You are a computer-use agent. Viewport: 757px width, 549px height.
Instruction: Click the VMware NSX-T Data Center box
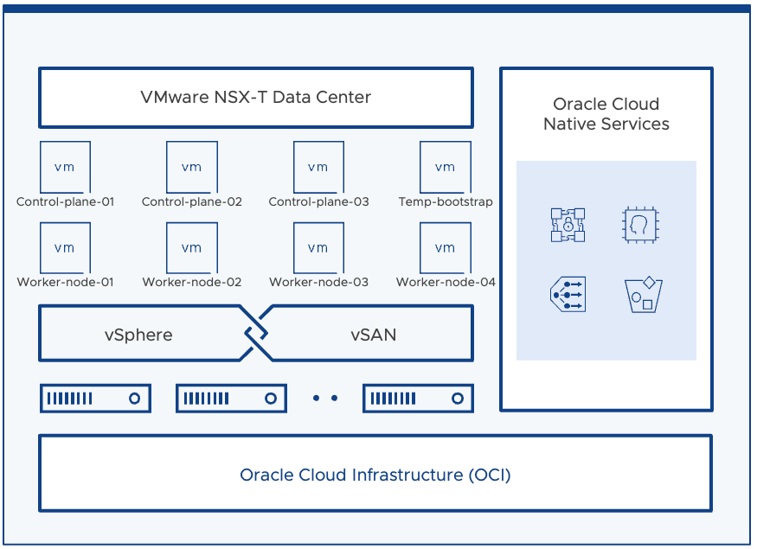[255, 97]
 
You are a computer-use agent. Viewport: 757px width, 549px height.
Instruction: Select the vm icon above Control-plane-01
[65, 168]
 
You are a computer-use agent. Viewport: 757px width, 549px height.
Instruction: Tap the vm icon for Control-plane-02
[191, 168]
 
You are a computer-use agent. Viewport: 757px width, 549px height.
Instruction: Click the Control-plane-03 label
[318, 202]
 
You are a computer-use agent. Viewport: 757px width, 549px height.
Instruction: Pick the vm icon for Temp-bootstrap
[445, 168]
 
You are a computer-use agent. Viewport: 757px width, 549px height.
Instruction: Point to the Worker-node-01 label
[65, 282]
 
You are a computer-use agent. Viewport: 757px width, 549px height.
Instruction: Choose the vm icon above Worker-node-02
[191, 248]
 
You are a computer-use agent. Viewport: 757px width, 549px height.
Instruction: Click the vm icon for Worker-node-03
[318, 248]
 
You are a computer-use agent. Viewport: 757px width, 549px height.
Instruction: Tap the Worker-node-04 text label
[446, 282]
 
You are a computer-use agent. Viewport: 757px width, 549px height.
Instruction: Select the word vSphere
[138, 335]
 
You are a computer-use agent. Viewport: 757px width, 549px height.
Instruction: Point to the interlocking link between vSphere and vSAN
[255, 333]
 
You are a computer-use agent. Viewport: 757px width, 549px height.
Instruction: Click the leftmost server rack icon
[95, 399]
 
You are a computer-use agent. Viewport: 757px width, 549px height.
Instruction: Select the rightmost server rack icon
[418, 399]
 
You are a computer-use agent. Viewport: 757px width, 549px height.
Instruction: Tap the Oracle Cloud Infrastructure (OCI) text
[375, 475]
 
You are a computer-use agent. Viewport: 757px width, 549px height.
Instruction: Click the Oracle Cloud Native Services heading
[606, 114]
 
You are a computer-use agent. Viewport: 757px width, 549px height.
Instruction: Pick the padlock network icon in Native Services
[568, 225]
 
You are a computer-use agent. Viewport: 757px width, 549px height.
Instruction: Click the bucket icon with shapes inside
[643, 295]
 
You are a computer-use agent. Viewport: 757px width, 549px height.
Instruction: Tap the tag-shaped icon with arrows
[568, 295]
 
